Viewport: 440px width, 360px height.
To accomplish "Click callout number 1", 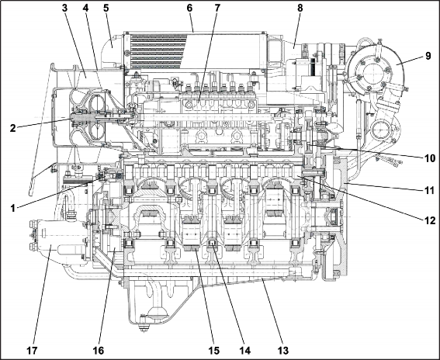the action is (12, 208).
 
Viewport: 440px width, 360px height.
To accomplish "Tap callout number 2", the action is (12, 128).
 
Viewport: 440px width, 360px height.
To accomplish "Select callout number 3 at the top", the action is (65, 8).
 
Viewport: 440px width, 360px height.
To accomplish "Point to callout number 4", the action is (85, 8).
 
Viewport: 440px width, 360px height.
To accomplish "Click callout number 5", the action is (106, 8).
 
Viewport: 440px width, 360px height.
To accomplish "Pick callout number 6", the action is (189, 8).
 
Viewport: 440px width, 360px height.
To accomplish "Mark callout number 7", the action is (217, 8).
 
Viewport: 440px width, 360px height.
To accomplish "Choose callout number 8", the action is (300, 8).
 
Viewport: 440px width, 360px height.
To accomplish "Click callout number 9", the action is (428, 56).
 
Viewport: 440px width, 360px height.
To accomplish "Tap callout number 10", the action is (429, 158).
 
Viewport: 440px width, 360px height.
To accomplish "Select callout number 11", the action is (429, 191).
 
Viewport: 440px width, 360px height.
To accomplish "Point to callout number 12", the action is (429, 220).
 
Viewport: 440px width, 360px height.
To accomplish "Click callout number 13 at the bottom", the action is (282, 351).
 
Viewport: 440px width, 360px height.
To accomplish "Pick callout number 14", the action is (244, 351).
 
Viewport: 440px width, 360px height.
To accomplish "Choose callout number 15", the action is (214, 351).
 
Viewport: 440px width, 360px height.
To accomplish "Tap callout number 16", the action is (99, 351).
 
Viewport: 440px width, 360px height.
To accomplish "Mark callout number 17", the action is (32, 351).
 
